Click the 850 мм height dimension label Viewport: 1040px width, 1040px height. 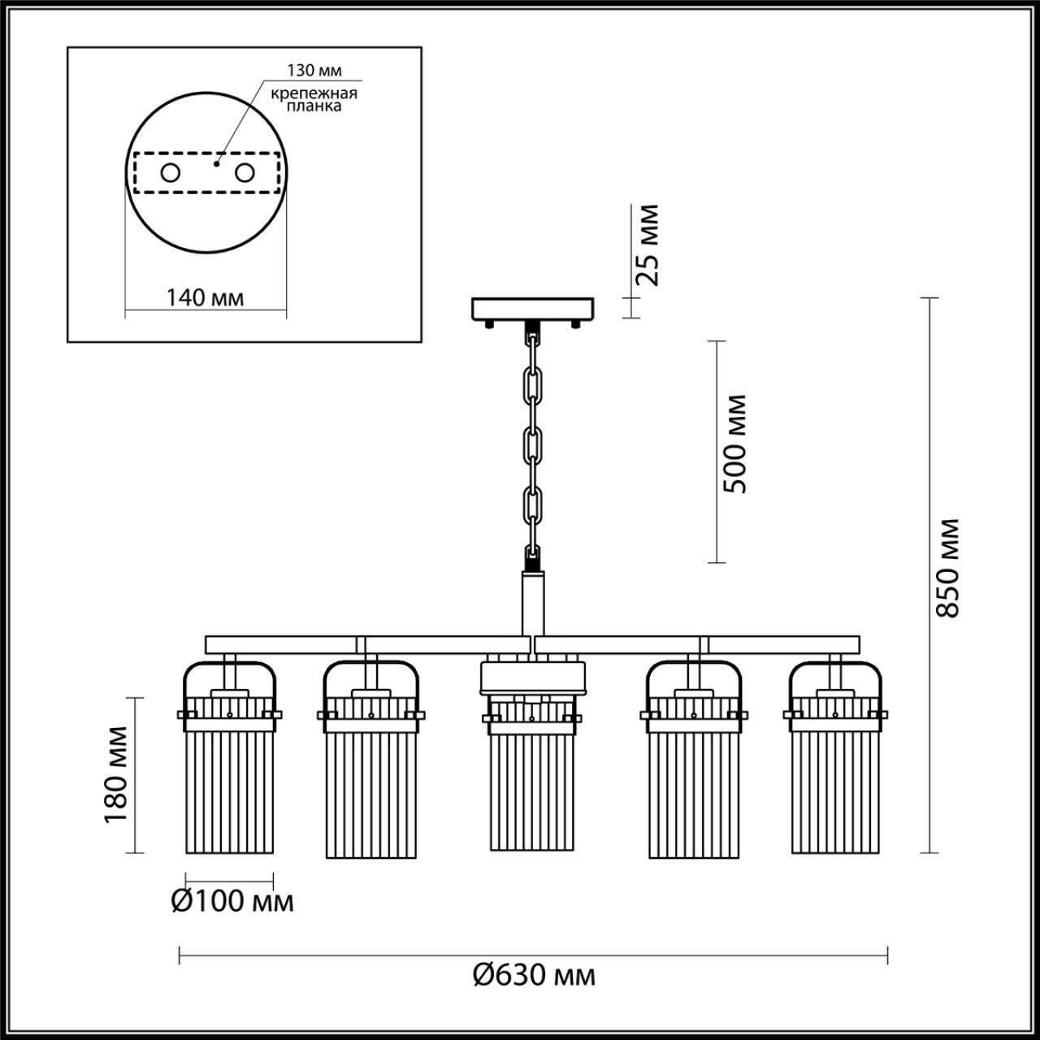(947, 567)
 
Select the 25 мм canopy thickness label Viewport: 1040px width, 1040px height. (648, 245)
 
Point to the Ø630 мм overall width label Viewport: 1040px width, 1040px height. (534, 974)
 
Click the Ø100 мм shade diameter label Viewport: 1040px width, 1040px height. (232, 901)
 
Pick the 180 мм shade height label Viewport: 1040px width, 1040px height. (116, 774)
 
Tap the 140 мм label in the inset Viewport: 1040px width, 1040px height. (205, 297)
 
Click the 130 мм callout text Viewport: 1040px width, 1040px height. (314, 72)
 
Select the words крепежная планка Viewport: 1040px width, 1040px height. (314, 100)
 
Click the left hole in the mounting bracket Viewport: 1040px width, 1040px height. (171, 172)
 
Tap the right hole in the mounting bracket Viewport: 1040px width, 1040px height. (244, 172)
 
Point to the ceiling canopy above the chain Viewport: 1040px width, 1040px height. (533, 309)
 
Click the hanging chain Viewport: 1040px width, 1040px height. (533, 443)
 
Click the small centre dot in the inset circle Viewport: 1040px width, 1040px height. (216, 162)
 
